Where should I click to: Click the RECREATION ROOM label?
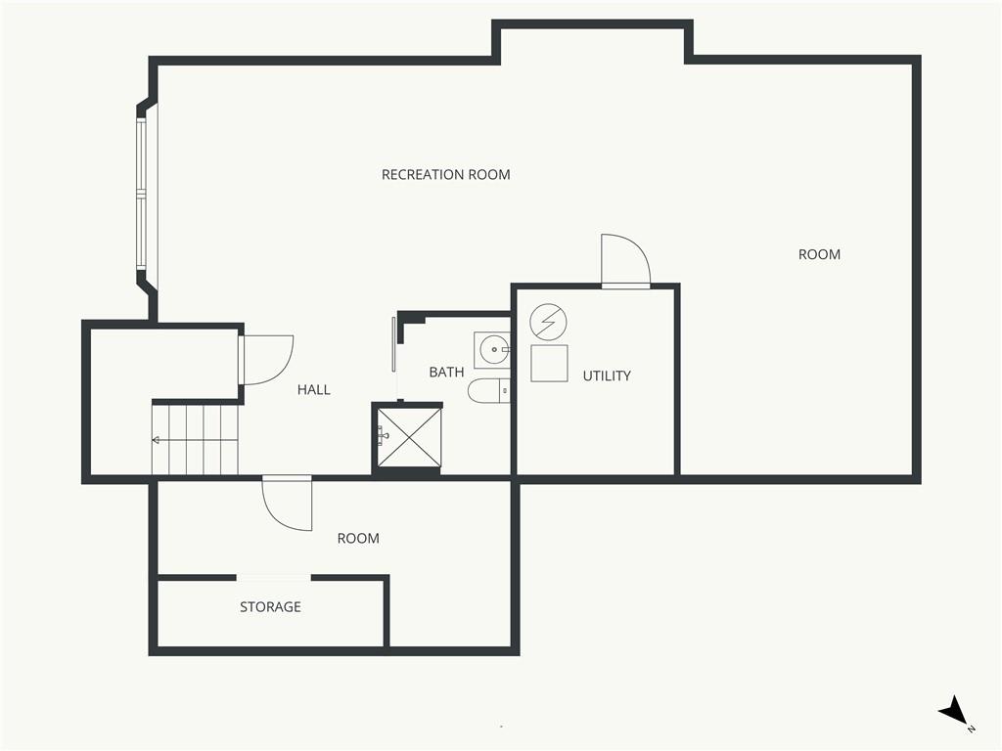[x=445, y=174]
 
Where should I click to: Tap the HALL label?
[x=314, y=389]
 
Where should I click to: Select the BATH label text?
[x=446, y=372]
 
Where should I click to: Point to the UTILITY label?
[x=607, y=375]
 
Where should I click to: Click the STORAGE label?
[x=270, y=606]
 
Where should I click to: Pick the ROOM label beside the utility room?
[x=819, y=254]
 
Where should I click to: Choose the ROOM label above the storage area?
[x=358, y=539]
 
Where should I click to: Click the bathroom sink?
[x=492, y=350]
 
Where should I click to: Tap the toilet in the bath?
[x=489, y=391]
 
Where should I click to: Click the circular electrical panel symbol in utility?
[x=548, y=322]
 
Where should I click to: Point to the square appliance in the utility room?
[x=549, y=364]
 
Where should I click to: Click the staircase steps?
[x=195, y=439]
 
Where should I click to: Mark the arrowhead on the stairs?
[x=156, y=440]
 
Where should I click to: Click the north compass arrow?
[x=954, y=710]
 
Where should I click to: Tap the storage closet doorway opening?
[x=274, y=578]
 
